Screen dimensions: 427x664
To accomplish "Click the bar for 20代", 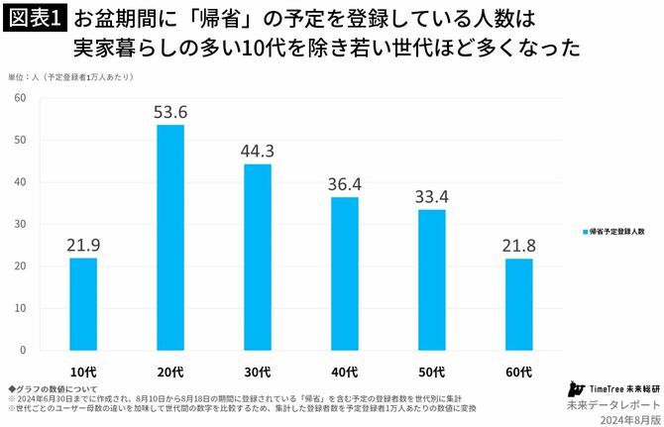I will click(x=170, y=238).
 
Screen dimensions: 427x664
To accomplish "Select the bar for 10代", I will click(x=83, y=304).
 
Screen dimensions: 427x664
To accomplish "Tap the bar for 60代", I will click(x=519, y=304).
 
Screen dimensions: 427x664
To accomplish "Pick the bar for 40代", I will click(x=345, y=273).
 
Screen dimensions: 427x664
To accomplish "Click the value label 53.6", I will click(x=170, y=111).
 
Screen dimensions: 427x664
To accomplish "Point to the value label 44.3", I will click(x=258, y=151).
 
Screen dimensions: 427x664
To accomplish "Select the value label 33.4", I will click(x=432, y=196).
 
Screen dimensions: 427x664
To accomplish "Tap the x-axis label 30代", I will click(x=258, y=371).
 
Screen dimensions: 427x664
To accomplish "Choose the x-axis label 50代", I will click(x=432, y=371).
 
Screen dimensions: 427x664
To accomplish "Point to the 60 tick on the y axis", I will click(x=20, y=98).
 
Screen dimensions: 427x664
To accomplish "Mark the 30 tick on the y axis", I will click(x=20, y=224).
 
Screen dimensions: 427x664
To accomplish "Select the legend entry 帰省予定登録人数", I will click(x=613, y=230).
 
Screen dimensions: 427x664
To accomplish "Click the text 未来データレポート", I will click(x=611, y=405).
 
